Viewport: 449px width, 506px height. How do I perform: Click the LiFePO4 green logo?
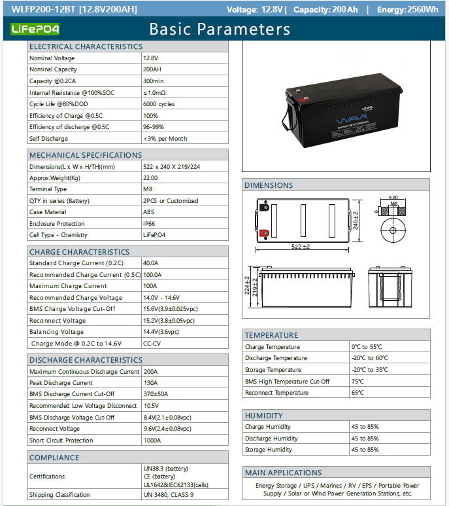click(x=36, y=29)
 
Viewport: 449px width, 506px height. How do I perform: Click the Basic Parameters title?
click(x=220, y=29)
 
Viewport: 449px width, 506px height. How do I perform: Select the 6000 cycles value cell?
click(x=159, y=104)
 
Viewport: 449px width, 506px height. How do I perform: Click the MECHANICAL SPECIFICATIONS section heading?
click(x=86, y=155)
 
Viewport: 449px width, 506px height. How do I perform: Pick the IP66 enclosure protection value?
click(x=149, y=224)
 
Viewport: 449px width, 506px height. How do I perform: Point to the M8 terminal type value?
click(x=148, y=189)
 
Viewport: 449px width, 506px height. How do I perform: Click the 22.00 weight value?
click(x=150, y=178)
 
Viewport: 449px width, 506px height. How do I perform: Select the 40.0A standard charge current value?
click(x=150, y=263)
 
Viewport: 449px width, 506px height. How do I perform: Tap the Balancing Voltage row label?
click(x=57, y=332)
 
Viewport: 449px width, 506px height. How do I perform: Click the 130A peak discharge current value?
click(x=150, y=383)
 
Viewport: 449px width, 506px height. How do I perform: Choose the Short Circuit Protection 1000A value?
click(x=152, y=441)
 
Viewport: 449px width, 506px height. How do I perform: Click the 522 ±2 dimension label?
click(x=301, y=246)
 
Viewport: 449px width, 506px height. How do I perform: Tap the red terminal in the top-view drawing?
click(x=265, y=234)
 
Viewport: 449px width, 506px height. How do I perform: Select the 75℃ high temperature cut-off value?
click(x=358, y=382)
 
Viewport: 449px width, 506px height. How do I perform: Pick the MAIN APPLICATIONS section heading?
click(x=283, y=473)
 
